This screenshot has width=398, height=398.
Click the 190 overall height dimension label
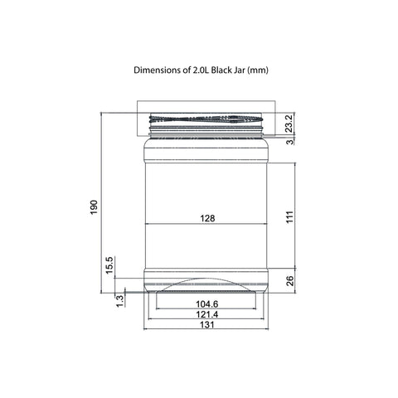[x=94, y=207]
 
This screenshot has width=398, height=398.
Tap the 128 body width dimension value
[x=207, y=218]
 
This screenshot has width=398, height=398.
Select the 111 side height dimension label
[x=289, y=217]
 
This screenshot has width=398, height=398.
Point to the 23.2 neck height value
[x=289, y=124]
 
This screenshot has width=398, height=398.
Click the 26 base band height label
[x=289, y=281]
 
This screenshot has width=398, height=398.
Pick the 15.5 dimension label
[x=109, y=265]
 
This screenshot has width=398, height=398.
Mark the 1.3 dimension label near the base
[x=119, y=301]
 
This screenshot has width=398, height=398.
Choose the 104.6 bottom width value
[x=207, y=304]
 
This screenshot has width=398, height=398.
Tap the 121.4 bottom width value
[x=207, y=314]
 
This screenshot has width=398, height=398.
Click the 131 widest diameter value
[x=207, y=325]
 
